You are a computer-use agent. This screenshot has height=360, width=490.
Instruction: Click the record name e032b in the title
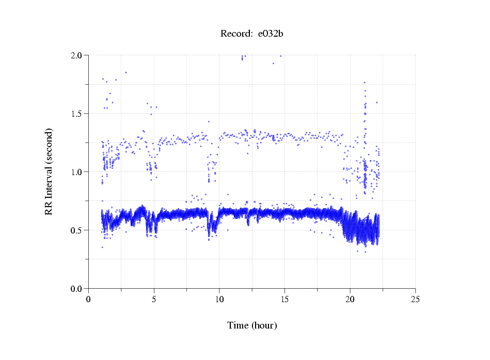(271, 34)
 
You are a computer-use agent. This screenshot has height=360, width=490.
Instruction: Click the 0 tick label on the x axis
(89, 299)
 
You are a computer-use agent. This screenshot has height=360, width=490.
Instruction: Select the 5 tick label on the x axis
(154, 299)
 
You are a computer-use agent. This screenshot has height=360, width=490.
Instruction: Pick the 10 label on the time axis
(219, 299)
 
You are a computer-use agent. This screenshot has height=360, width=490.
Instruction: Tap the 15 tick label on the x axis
(284, 299)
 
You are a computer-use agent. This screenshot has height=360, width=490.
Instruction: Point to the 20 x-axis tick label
(350, 299)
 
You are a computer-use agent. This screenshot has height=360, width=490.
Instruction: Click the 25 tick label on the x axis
(415, 299)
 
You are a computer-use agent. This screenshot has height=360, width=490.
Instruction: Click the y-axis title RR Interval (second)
(49, 171)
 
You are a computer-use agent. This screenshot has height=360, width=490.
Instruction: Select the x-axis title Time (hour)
(252, 325)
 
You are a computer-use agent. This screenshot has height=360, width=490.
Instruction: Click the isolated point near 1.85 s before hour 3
(125, 72)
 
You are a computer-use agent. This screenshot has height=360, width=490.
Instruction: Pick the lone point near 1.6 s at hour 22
(377, 102)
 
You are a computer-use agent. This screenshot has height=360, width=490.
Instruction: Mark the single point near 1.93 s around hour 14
(273, 64)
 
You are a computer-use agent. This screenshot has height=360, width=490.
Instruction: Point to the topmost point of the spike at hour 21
(365, 82)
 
